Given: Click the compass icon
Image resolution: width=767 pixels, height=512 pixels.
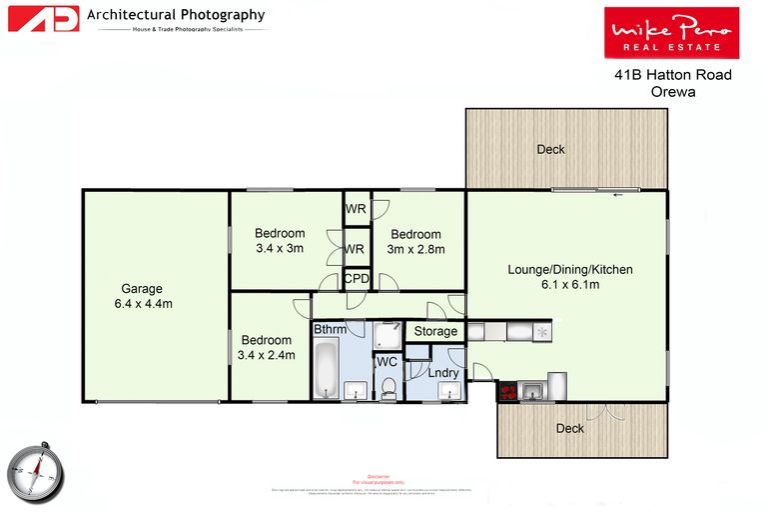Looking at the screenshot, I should click(36, 467).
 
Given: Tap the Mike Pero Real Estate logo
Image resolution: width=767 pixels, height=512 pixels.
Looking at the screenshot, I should click(671, 32).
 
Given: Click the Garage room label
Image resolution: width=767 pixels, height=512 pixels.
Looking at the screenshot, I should click(142, 289).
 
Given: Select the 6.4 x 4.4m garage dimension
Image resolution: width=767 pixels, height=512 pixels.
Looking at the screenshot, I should click(142, 304).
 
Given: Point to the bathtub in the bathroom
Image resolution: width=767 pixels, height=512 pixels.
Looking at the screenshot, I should click(326, 369).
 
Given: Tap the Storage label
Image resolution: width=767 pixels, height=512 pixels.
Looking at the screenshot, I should click(435, 331).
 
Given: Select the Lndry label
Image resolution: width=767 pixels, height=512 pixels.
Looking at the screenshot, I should click(443, 373).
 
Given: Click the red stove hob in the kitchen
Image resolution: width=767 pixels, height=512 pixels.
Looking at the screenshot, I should click(508, 392).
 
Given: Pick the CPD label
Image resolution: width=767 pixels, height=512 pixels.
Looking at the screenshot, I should click(356, 279).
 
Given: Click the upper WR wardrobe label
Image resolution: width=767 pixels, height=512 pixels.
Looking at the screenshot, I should click(355, 209).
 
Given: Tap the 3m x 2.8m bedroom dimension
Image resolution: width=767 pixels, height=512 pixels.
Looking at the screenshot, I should click(417, 249).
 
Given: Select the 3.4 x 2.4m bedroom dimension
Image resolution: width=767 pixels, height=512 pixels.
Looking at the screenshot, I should click(266, 354).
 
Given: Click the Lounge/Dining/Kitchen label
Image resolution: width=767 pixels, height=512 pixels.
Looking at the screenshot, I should click(570, 270).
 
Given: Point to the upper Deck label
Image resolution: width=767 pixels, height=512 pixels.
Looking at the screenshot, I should click(550, 149).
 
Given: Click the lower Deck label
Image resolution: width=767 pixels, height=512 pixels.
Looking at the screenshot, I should click(569, 428).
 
